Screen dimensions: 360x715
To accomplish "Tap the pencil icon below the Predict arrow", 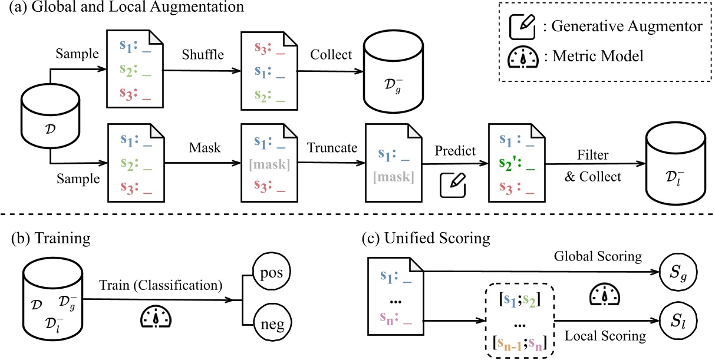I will click(x=454, y=185).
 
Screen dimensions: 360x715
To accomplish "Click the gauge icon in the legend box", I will click(x=523, y=58).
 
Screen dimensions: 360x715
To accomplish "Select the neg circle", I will click(x=272, y=323).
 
